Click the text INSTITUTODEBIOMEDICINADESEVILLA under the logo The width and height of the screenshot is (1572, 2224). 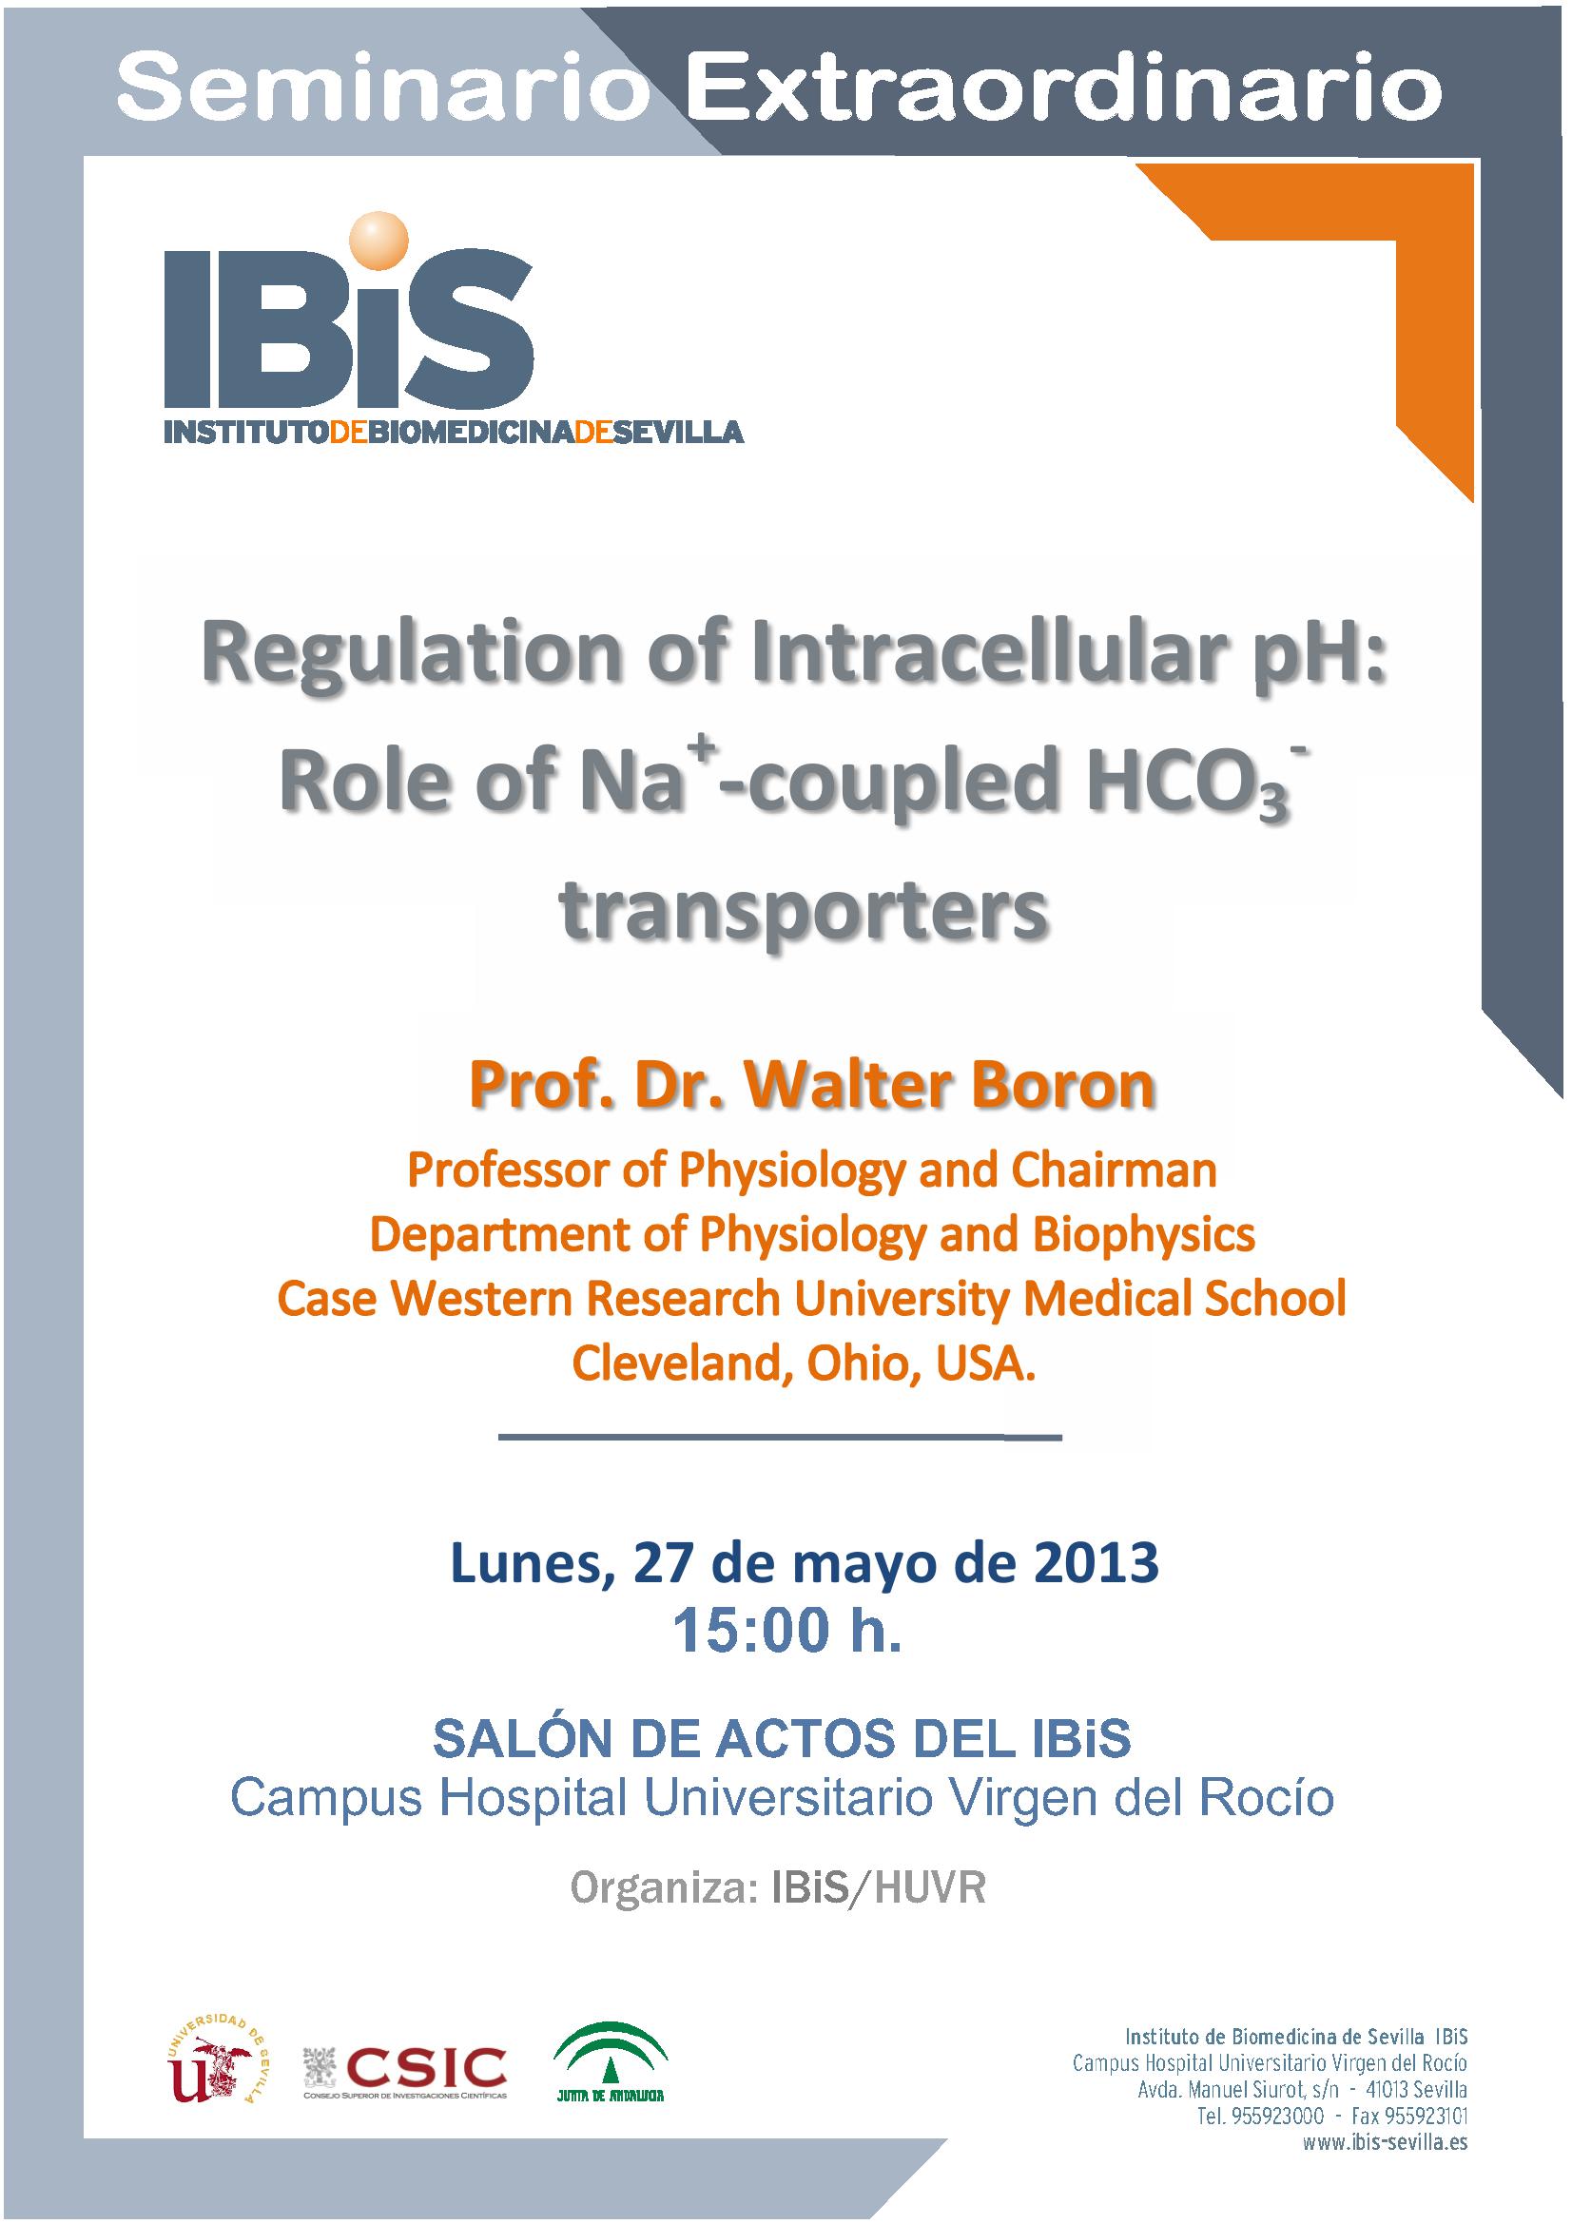pyautogui.click(x=454, y=431)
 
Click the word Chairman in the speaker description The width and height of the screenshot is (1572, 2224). pyautogui.click(x=1114, y=1170)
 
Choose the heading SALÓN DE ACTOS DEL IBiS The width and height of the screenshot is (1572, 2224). pyautogui.click(x=782, y=1739)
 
